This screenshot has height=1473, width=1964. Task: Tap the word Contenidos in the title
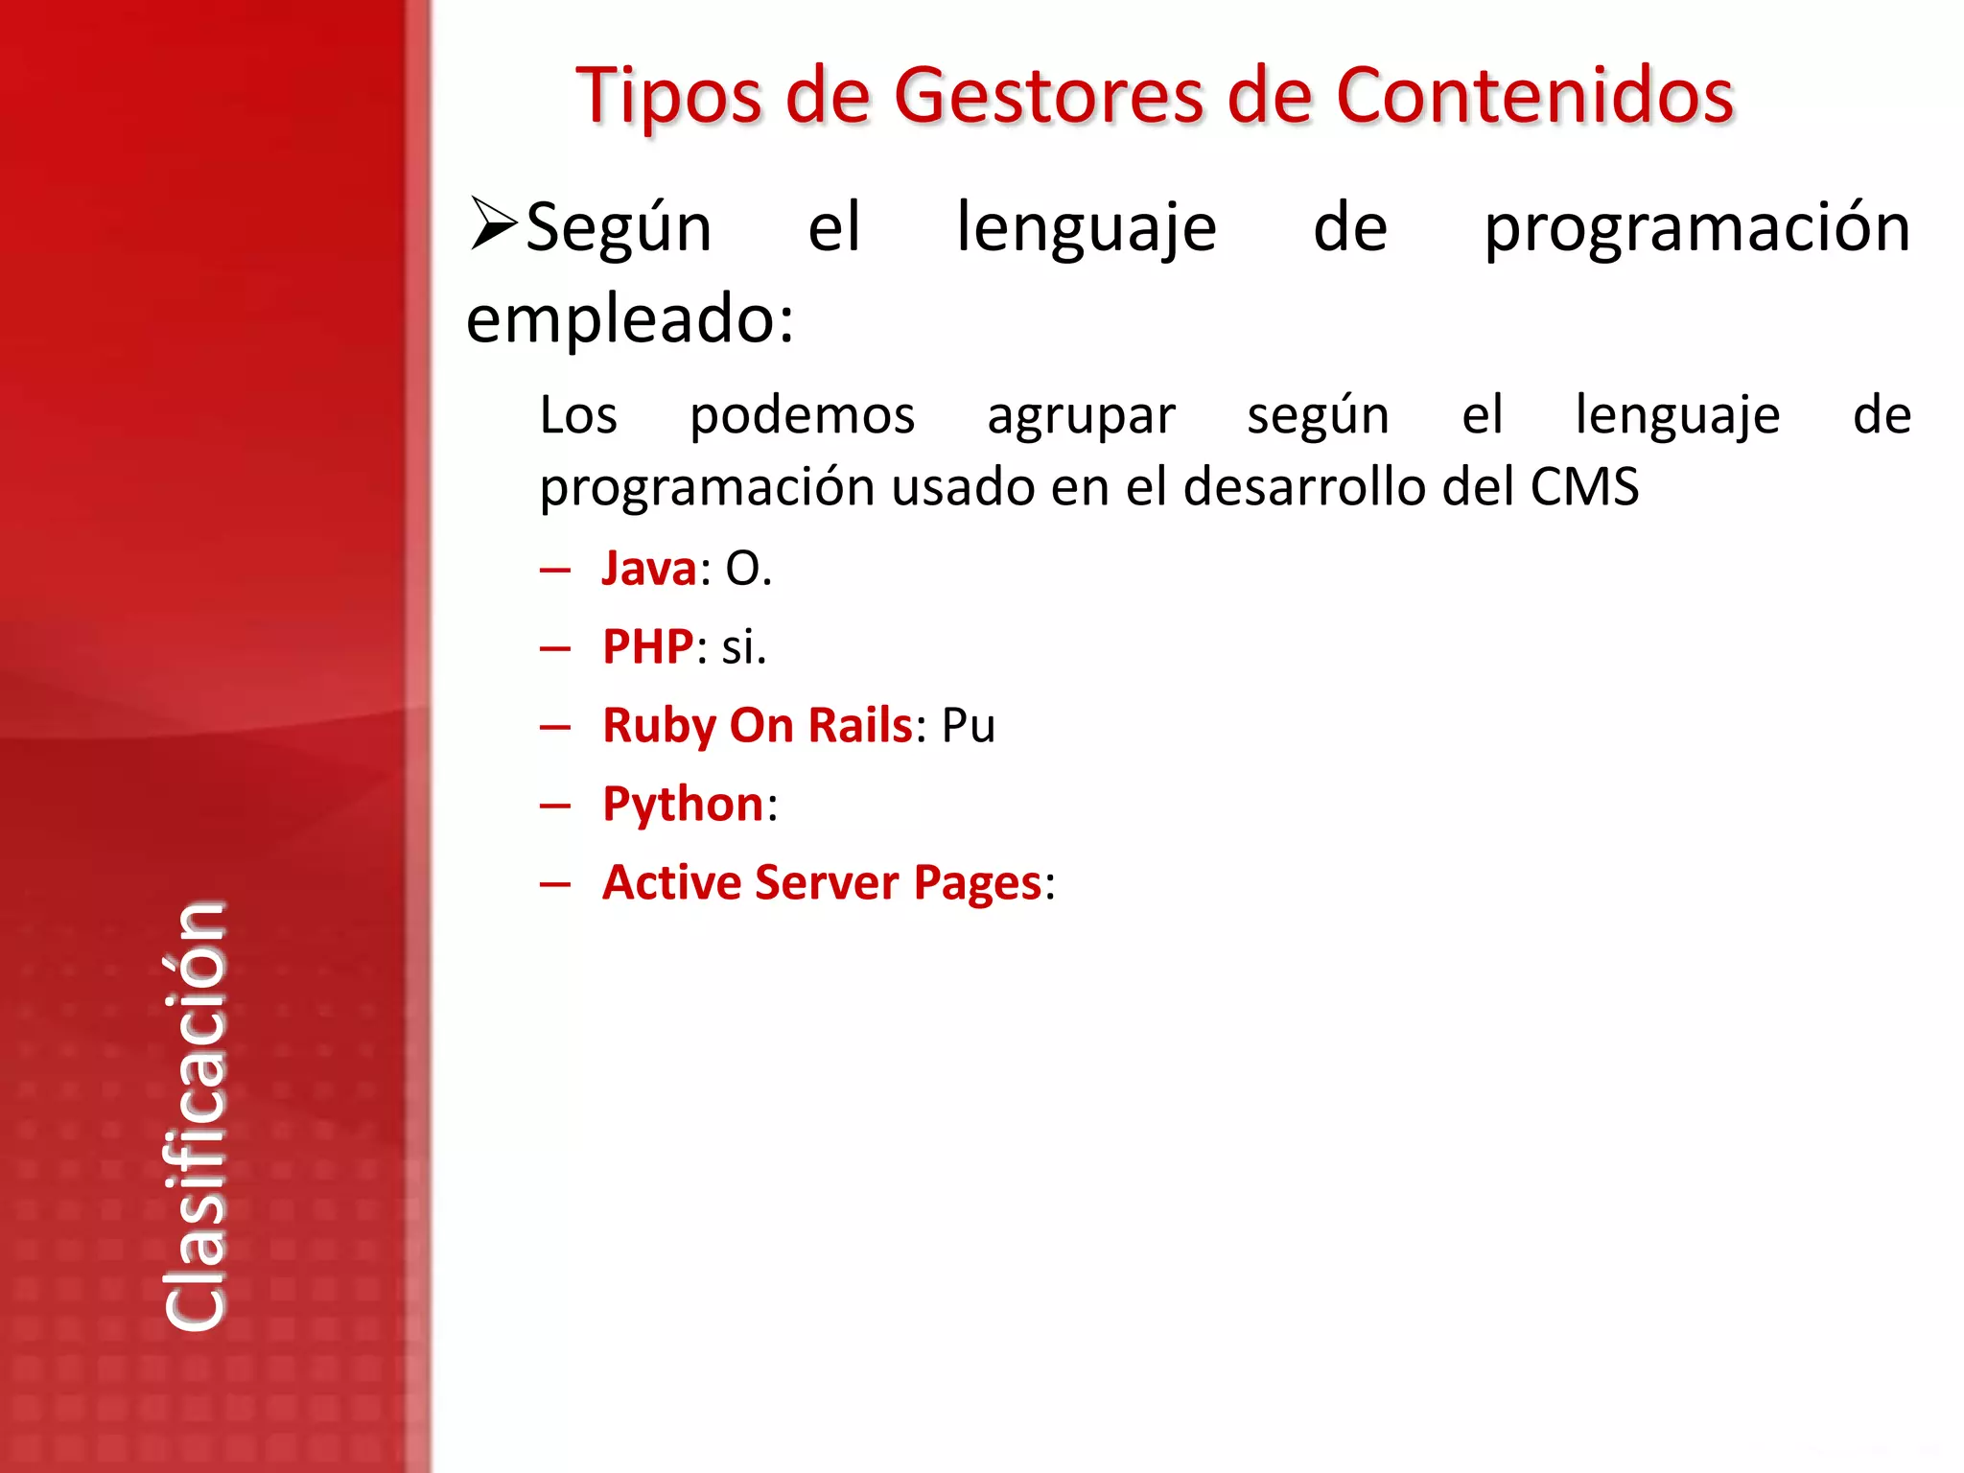coord(1534,97)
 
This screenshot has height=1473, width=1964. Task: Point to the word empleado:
coord(630,319)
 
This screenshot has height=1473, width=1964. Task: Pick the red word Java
coord(649,569)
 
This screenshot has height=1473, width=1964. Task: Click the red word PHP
coord(647,647)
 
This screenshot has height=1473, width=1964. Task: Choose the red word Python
coord(683,805)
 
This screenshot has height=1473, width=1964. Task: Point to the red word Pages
coord(977,883)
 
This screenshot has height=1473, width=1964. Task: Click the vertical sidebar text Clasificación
coord(196,1116)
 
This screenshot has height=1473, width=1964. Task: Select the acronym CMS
coord(1584,487)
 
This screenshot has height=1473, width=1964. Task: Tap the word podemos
coord(802,416)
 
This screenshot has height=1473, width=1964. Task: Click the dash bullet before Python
coord(555,806)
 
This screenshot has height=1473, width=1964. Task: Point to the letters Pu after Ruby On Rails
coord(969,726)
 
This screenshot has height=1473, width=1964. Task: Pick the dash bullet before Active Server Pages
coord(555,884)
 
